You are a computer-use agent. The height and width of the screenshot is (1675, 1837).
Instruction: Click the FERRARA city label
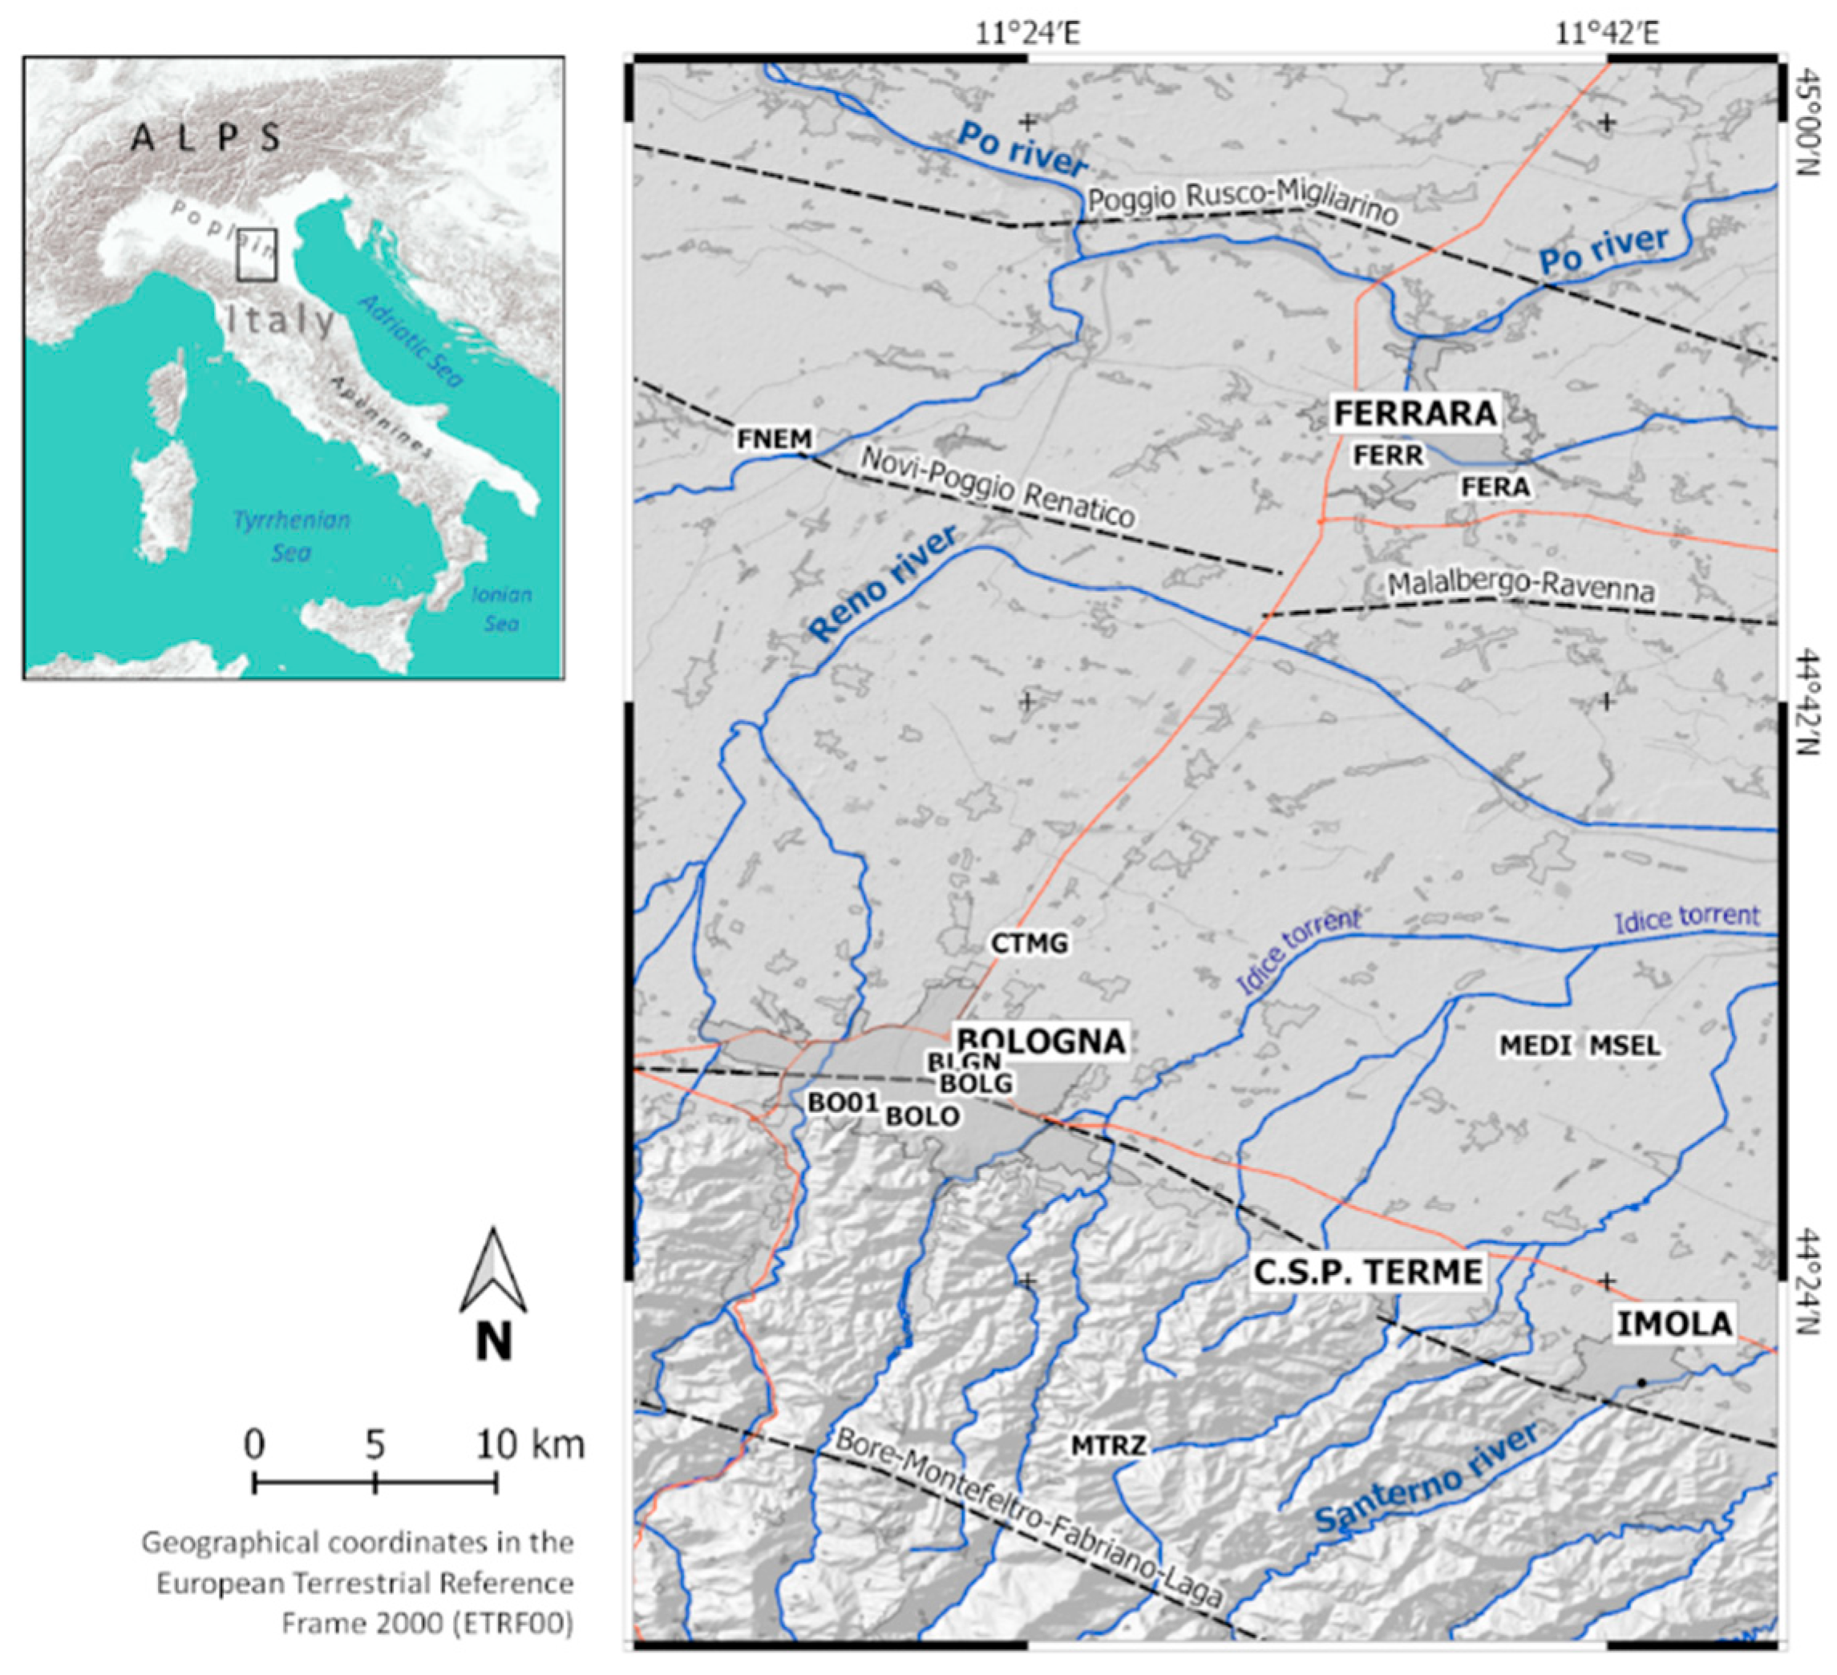point(1415,413)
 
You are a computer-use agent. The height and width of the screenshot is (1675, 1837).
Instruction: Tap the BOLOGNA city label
point(1040,1041)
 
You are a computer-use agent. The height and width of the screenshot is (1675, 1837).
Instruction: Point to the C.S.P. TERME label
point(1368,1272)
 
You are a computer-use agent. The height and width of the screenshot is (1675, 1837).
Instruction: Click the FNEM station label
point(774,439)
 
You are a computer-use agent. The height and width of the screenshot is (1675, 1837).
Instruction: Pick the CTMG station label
point(1029,943)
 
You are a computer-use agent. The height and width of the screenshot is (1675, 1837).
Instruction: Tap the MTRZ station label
point(1108,1444)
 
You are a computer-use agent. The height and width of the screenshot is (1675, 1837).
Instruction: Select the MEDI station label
point(1536,1046)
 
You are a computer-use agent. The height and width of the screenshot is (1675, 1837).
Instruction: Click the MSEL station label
point(1625,1046)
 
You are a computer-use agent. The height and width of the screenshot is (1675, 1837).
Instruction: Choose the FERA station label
point(1495,488)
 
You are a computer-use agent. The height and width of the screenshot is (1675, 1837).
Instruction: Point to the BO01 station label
point(843,1103)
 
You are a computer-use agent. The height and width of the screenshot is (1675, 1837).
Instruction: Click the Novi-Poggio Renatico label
point(997,488)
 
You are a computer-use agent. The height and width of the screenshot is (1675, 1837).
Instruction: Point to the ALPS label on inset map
point(206,138)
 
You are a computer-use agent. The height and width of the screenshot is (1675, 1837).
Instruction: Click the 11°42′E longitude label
point(1606,34)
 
